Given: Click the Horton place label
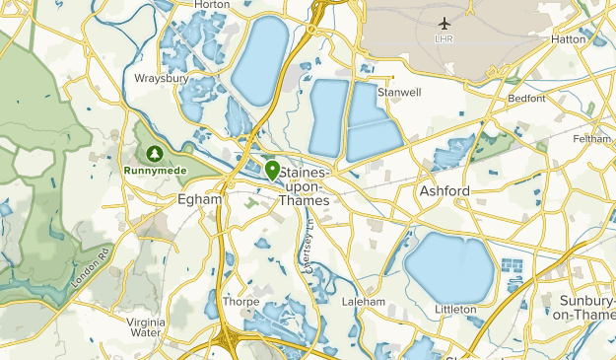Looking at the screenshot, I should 212,5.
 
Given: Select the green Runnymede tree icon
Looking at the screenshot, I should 155,154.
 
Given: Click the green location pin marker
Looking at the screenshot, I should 270,172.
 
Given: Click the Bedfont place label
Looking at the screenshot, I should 526,99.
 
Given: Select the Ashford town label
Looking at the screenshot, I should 445,189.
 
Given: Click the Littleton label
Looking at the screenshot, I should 454,309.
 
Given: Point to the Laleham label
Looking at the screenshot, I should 360,301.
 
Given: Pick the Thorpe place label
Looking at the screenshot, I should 241,301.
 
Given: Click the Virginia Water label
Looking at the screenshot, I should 146,326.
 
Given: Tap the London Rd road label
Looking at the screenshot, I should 89,267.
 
